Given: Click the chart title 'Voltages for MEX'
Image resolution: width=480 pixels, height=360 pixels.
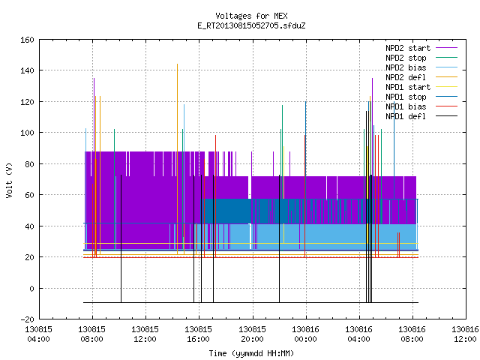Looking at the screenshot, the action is [x=251, y=16].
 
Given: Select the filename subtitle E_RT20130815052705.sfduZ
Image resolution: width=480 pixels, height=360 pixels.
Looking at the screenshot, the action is [x=251, y=25].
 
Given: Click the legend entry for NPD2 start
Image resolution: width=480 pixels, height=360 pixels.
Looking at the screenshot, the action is [x=408, y=48].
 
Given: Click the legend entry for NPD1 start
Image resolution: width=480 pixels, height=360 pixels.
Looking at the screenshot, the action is [x=408, y=87].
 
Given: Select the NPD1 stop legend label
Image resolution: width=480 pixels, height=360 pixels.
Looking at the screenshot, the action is [x=406, y=97].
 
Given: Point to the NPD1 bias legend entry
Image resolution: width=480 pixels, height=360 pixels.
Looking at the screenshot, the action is [x=406, y=106].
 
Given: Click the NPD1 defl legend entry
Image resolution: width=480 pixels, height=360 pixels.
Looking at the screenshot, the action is [x=406, y=116].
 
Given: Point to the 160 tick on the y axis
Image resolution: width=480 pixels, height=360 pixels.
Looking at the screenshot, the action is [x=27, y=40].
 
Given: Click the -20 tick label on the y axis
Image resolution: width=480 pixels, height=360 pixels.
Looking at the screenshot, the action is [x=27, y=319].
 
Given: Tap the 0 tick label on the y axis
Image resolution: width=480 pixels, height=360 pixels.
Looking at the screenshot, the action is [x=31, y=288].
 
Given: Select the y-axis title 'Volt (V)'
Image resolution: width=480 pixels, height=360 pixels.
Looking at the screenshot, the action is [x=9, y=180].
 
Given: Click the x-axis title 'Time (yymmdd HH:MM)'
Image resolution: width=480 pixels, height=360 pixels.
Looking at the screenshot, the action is [x=251, y=353].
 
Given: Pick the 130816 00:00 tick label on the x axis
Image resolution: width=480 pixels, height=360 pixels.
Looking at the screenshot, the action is [x=305, y=334].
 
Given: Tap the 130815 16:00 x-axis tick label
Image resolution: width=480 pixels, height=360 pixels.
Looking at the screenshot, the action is [x=198, y=334].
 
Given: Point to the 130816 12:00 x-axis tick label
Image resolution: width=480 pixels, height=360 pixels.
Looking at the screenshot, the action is [x=465, y=334].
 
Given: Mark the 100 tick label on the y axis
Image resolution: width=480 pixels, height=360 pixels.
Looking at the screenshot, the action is [x=27, y=133].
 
